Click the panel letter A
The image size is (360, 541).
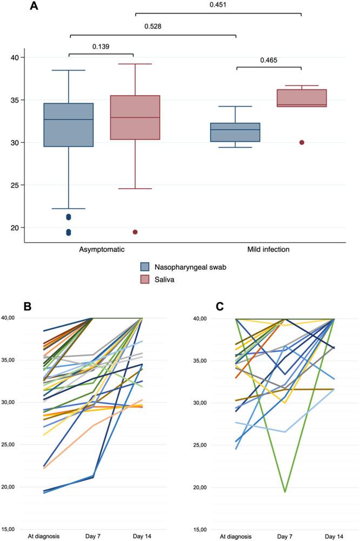click(35, 7)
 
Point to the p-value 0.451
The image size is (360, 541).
click(218, 5)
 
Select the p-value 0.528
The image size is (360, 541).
click(154, 26)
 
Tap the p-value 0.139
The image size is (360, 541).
click(101, 46)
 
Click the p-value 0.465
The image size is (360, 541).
click(269, 60)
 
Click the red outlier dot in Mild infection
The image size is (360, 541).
click(302, 143)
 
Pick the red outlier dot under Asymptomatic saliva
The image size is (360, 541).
click(135, 232)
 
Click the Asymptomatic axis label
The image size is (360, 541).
click(102, 250)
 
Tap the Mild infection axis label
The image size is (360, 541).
click(269, 250)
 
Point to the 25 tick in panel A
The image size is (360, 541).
click(15, 185)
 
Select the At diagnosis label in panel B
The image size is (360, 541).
click(43, 536)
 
